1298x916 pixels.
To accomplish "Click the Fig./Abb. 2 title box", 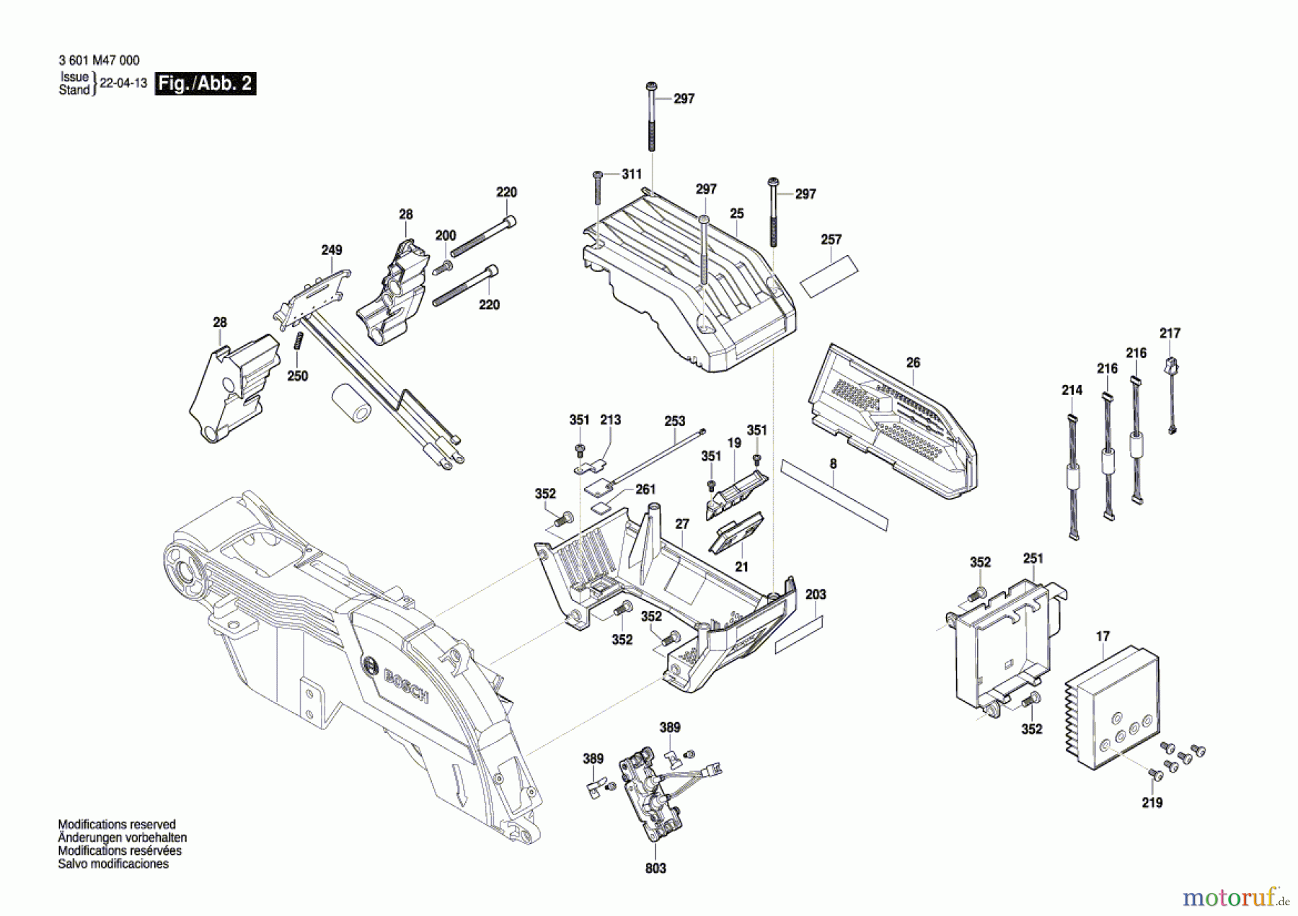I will tap(206, 84).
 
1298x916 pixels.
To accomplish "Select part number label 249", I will tap(332, 250).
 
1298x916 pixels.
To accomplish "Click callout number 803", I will tap(655, 868).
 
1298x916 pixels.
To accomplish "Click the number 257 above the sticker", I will tap(831, 239).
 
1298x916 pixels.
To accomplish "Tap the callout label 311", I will tap(632, 174).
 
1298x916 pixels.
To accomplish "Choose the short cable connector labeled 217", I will tap(1170, 393).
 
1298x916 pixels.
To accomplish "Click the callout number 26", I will tap(913, 363).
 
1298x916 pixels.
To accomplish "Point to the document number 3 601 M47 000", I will tap(99, 61).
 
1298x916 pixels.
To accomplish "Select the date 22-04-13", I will tap(123, 83).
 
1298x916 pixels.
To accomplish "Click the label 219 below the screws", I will tap(1152, 803).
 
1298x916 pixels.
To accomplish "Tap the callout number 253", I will tap(675, 421).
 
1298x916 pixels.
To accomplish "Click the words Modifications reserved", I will tap(117, 824).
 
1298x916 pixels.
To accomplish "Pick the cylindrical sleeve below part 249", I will tap(351, 404).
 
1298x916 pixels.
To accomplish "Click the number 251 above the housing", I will tap(1033, 559).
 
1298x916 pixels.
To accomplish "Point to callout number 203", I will tap(816, 595).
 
